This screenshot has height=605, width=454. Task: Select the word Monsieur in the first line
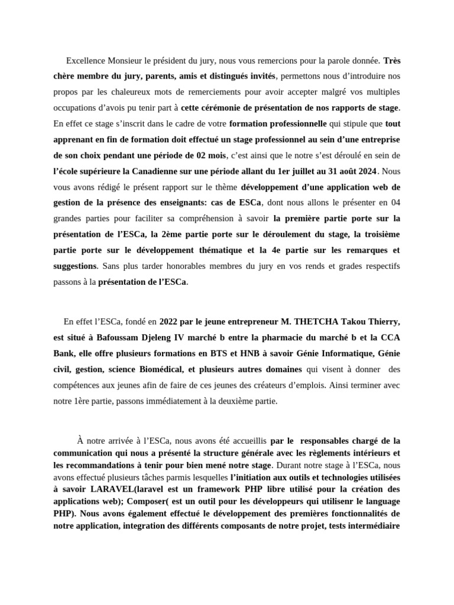(x=127, y=60)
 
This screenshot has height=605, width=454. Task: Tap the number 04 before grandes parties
(x=394, y=203)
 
